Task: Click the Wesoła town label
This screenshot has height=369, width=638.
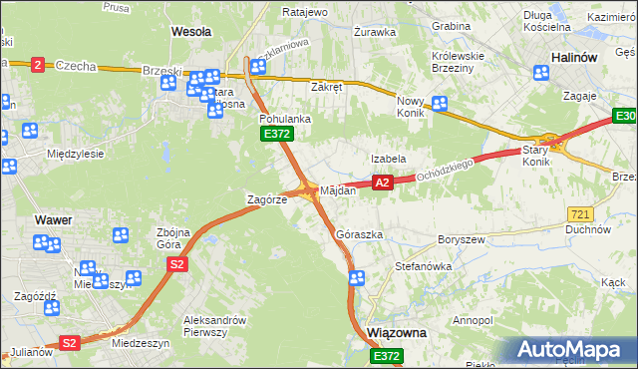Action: [x=191, y=32]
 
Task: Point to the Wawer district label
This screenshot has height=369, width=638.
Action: [x=51, y=218]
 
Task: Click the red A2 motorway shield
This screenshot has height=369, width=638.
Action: [x=381, y=183]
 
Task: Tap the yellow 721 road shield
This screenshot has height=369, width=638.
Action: [x=581, y=214]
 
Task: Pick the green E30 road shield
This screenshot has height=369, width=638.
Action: [x=623, y=119]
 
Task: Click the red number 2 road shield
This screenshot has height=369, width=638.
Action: [x=38, y=64]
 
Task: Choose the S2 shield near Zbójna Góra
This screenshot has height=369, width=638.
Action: [x=176, y=264]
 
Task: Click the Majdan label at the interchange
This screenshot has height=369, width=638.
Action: [x=338, y=190]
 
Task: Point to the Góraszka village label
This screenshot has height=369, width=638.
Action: [x=360, y=234]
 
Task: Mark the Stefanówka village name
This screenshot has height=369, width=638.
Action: [x=424, y=267]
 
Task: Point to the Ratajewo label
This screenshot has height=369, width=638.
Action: [x=277, y=12]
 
